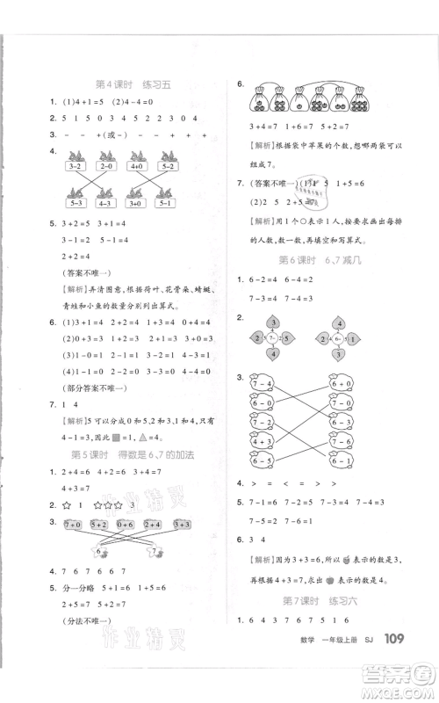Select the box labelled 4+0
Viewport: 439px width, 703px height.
click(x=136, y=164)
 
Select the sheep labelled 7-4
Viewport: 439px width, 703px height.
click(x=263, y=384)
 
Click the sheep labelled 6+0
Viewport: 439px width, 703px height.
click(x=344, y=384)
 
